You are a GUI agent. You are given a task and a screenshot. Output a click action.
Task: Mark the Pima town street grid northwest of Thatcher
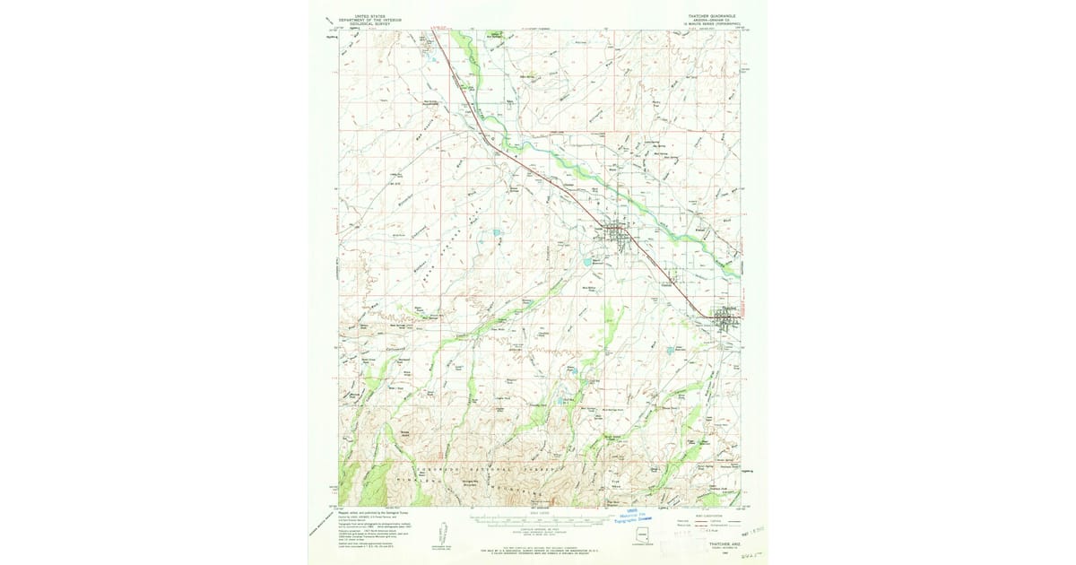(614, 235)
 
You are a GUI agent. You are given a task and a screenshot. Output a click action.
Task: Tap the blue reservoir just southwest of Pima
(586, 262)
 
